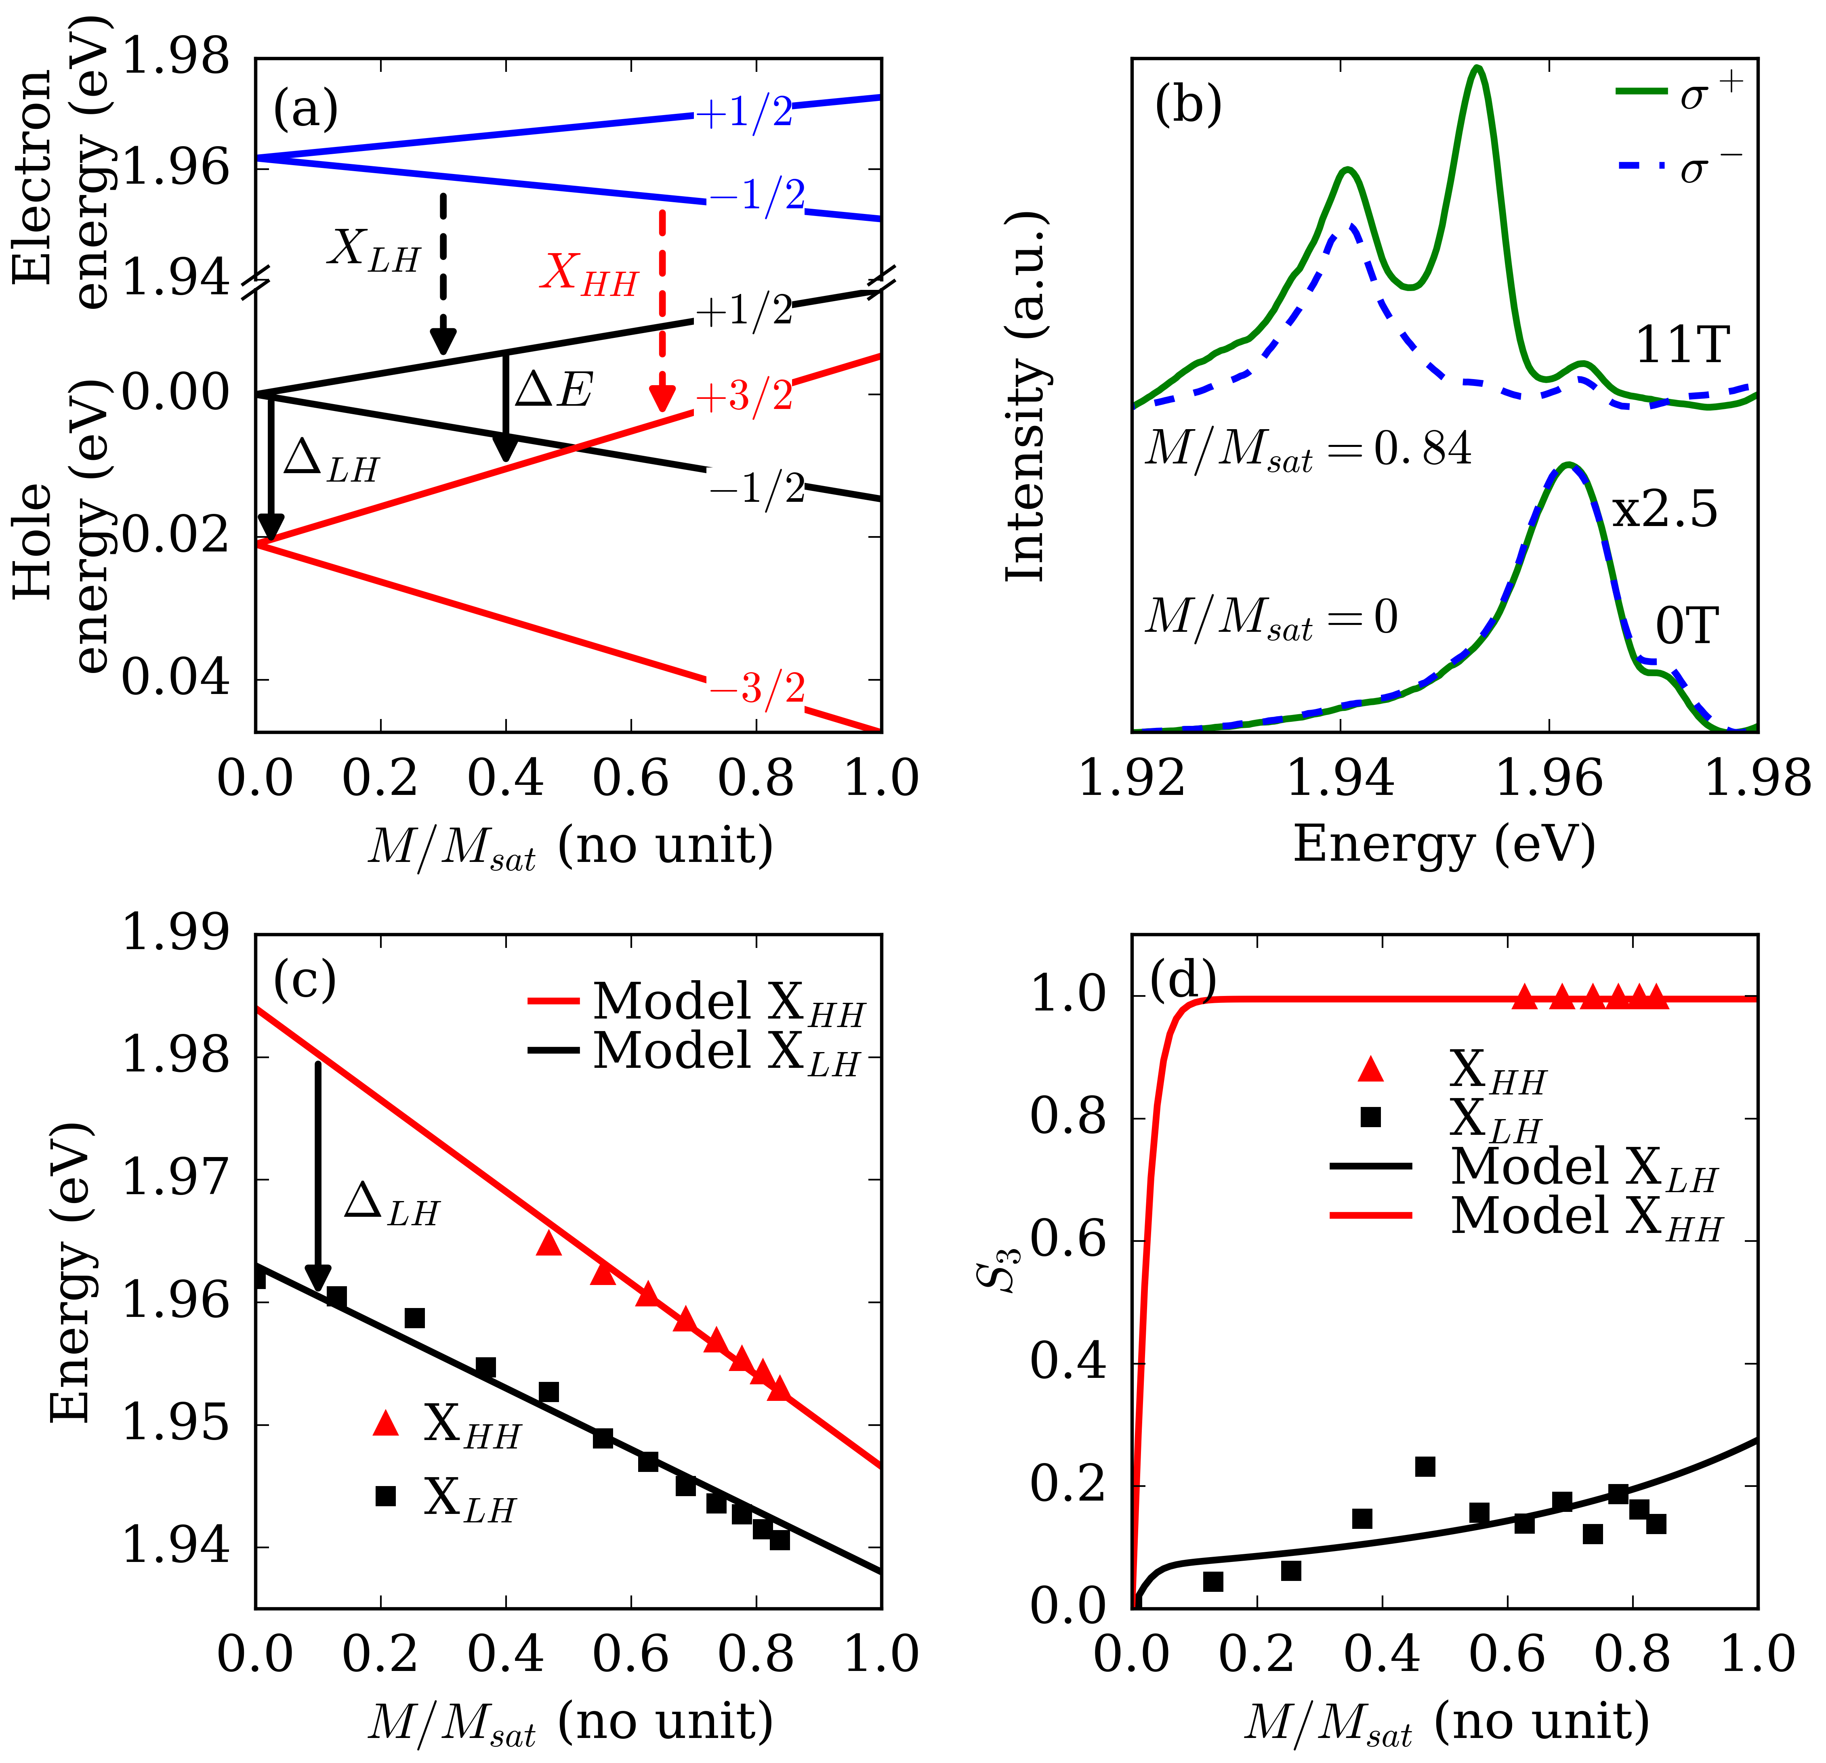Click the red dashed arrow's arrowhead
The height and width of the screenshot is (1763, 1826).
[x=662, y=398]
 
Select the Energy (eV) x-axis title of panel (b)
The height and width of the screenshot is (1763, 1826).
[x=1444, y=845]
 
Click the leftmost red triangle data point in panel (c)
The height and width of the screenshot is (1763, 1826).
[x=549, y=1244]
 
